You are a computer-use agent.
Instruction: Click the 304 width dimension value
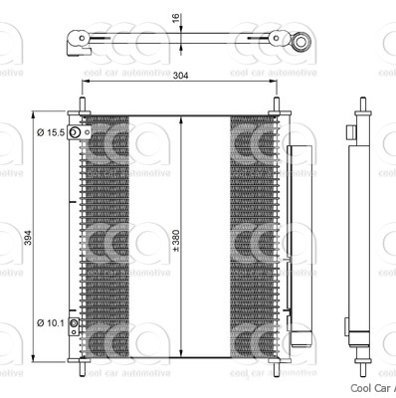(x=181, y=76)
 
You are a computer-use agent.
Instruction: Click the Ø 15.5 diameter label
(x=50, y=132)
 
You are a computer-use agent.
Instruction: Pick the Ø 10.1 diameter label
(x=50, y=321)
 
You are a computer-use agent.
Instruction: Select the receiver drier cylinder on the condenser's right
(x=298, y=239)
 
